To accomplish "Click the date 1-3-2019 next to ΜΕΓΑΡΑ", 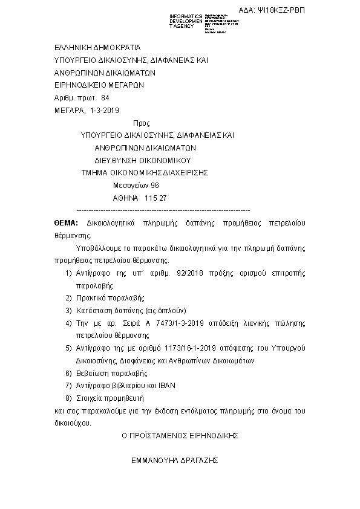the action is tap(105, 110).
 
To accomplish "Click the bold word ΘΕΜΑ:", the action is tap(66, 223).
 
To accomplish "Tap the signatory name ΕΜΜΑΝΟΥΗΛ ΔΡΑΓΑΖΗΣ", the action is tap(175, 460).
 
